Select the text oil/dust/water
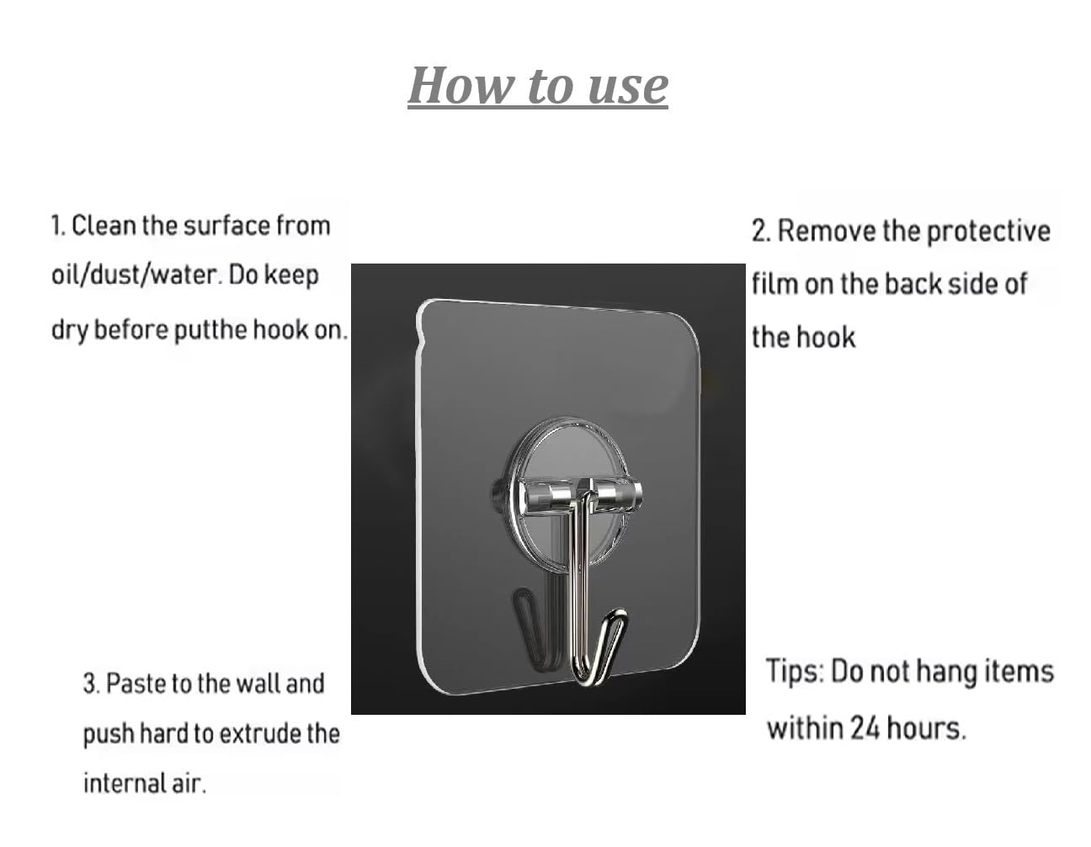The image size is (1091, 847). pos(136,274)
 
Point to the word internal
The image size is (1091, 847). pos(124,783)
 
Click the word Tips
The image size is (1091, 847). pos(796,671)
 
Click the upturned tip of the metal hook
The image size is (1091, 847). pos(620,615)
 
